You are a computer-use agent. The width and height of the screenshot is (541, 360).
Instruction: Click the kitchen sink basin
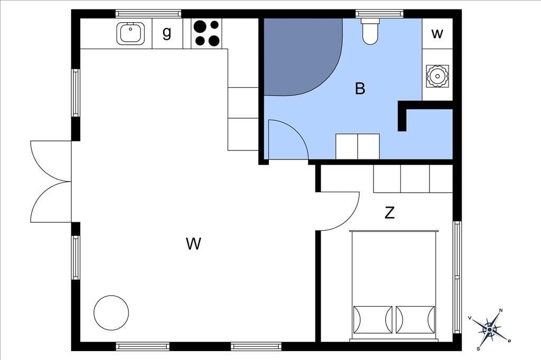130,33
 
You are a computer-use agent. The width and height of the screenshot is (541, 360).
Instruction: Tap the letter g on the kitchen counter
167,33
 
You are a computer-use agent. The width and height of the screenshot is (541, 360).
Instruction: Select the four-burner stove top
207,33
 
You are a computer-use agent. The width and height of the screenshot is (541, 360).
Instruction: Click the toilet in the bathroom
370,31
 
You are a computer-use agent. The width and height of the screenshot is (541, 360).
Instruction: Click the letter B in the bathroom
360,88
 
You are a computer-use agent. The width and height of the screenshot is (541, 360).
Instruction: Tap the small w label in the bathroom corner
437,34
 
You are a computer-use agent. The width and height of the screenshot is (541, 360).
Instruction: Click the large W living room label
193,243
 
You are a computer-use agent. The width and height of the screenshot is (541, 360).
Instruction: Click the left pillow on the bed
373,319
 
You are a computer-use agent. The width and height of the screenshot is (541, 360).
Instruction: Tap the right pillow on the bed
415,319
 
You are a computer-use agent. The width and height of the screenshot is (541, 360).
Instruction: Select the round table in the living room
111,313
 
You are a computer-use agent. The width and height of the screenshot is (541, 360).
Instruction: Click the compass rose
490,330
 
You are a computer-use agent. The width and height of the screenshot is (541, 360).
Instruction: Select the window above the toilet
379,14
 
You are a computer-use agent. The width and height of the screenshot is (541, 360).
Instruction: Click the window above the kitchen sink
148,14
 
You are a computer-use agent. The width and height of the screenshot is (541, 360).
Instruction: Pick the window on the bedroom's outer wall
457,277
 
